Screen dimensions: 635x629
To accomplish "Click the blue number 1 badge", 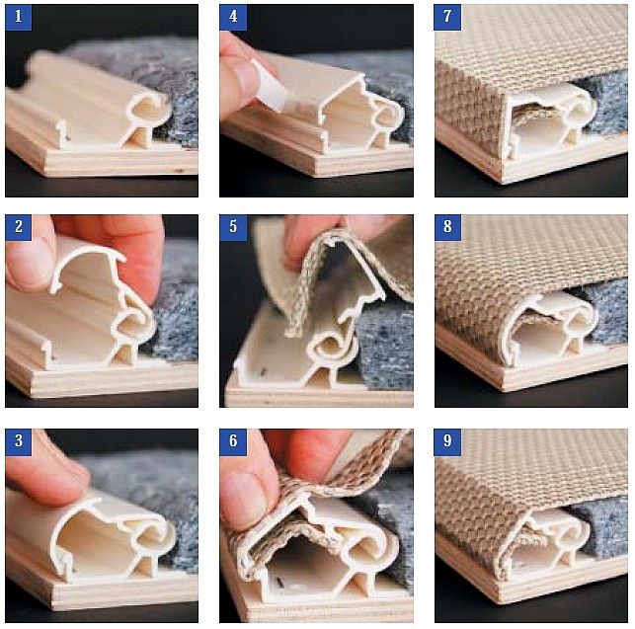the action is [19, 17].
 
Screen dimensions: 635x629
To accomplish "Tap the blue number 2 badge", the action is [19, 227].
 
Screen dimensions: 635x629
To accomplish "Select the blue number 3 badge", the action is [19, 441].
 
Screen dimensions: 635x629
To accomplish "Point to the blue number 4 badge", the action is [233, 17].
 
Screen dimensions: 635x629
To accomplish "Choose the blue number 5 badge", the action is [233, 227].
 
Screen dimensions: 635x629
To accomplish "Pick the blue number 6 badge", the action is [233, 441].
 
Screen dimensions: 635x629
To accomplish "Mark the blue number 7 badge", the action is [447, 17].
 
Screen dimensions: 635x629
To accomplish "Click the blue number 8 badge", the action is [447, 227].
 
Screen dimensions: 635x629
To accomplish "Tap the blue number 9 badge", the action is [447, 441].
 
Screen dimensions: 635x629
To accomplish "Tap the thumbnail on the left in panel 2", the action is [25, 264].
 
